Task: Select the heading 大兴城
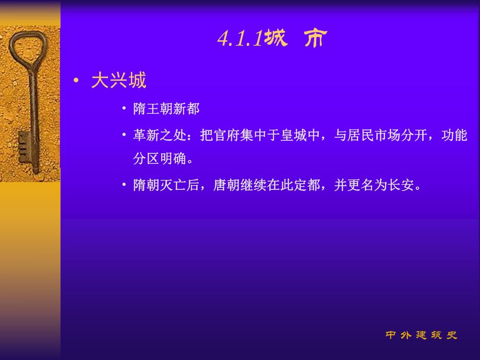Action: coord(118,80)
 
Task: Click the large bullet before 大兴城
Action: coord(77,81)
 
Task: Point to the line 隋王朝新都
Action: coord(166,109)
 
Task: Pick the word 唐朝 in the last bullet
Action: coord(226,185)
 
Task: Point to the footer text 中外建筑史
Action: coord(422,335)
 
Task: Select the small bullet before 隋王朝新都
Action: coord(124,109)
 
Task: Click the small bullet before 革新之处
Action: coord(124,135)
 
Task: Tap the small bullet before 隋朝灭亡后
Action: coord(124,185)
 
